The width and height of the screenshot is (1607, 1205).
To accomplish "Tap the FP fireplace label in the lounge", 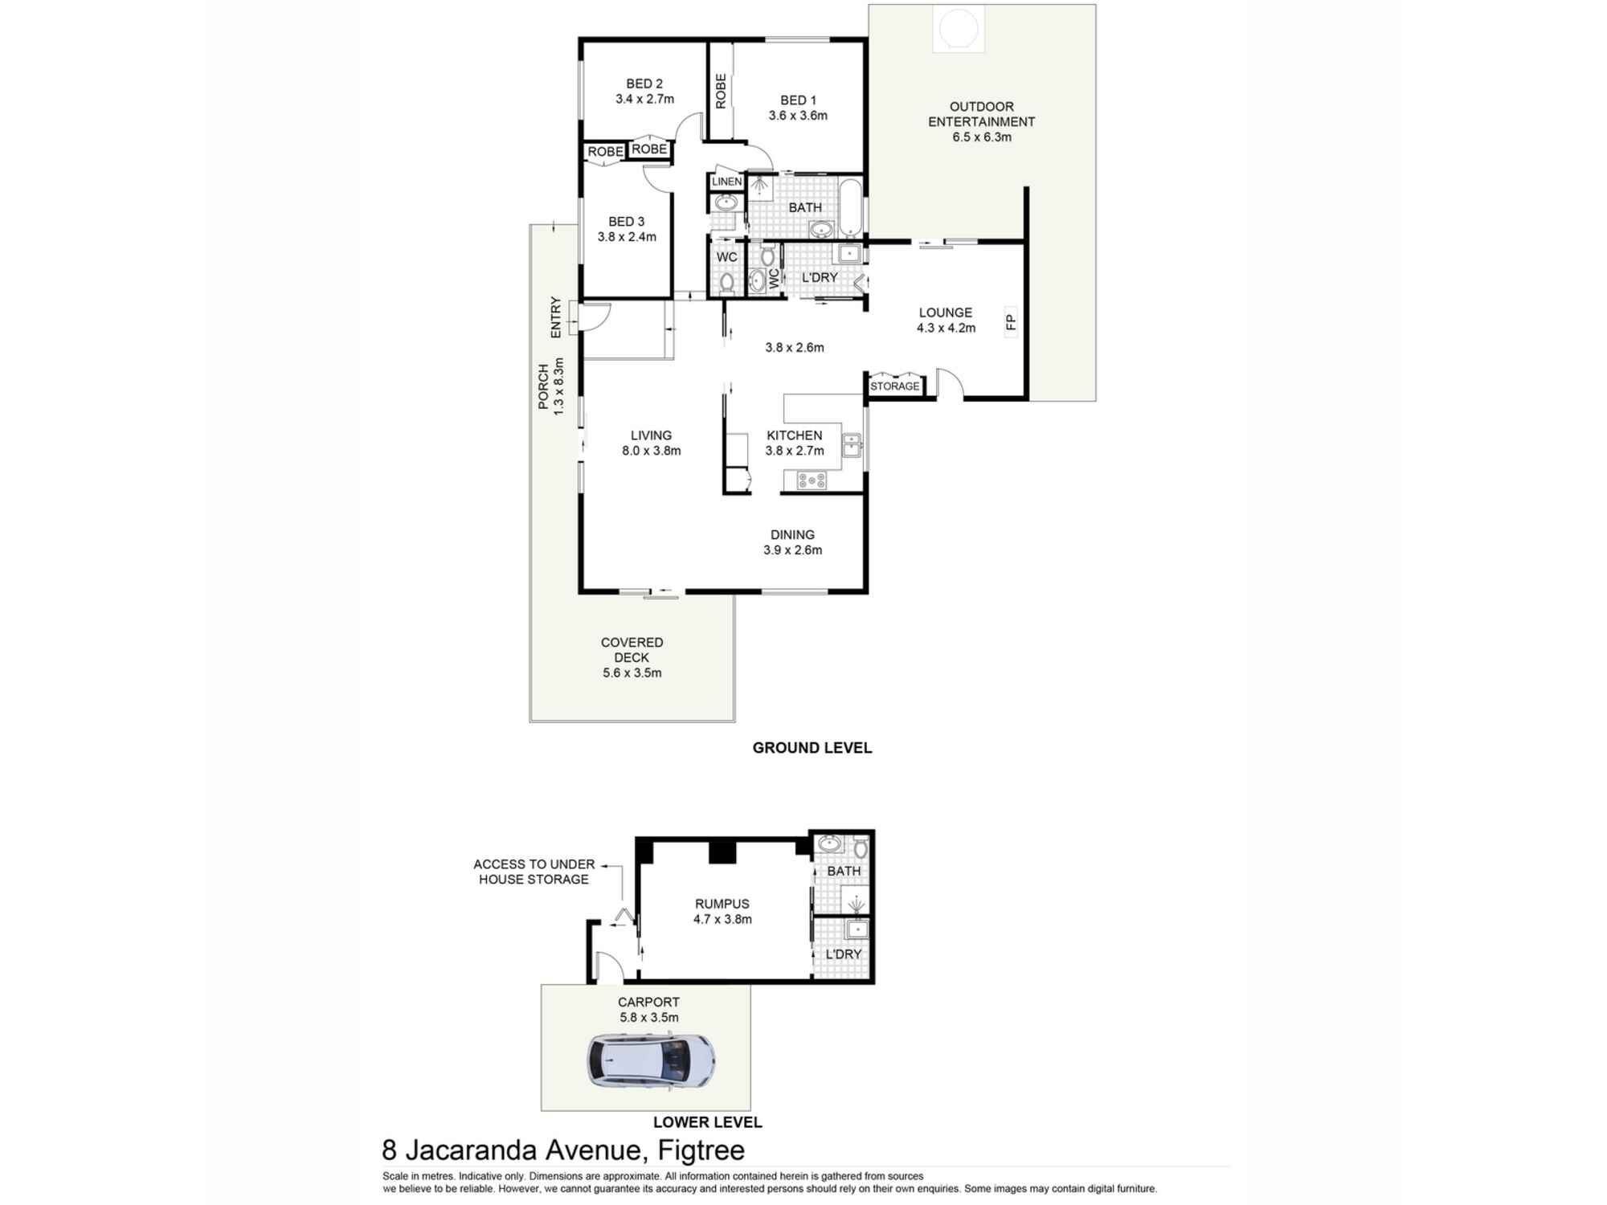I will pos(1011,322).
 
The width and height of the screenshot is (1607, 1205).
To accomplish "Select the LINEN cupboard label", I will pos(726,182).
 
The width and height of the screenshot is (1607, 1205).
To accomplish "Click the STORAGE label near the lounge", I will pos(894,386).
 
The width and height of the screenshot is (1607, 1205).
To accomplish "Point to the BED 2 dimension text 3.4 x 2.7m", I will pos(644,99).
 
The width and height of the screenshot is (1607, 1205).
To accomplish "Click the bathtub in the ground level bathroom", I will pos(849,207).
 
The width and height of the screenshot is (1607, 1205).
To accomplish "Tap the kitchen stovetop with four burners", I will pos(811,480).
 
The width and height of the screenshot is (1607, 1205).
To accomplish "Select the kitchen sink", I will pos(851,444).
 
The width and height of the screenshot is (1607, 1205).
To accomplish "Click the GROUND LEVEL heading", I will pos(812,748).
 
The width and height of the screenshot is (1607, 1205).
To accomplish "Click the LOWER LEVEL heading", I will pos(707,1122).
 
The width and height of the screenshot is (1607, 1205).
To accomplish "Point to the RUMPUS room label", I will pos(722,904).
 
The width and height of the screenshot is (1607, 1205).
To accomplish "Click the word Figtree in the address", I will pos(701,1150).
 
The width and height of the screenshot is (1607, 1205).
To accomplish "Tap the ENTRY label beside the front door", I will pos(556,317).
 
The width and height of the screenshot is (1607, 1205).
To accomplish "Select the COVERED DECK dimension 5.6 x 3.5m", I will pos(632,673).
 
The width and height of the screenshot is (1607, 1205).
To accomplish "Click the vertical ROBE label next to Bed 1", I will pos(721,91).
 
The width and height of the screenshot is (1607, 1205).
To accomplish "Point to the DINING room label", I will pos(792,535).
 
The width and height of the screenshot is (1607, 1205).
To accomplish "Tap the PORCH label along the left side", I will pos(544,386).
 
